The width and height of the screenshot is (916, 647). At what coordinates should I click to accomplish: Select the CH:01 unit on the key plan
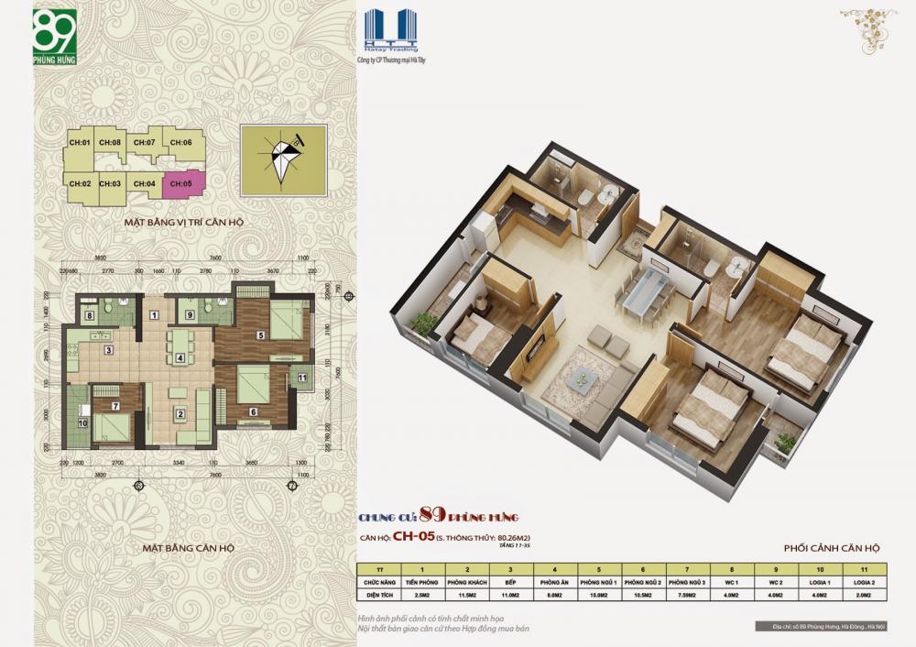tap(79, 143)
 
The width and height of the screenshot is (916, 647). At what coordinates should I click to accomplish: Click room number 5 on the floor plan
tap(261, 335)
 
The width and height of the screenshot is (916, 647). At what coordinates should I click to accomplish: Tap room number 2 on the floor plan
tap(180, 414)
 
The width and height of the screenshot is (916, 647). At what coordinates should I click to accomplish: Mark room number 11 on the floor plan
tap(303, 378)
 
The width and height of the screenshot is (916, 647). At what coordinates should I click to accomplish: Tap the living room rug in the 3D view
tap(579, 376)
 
